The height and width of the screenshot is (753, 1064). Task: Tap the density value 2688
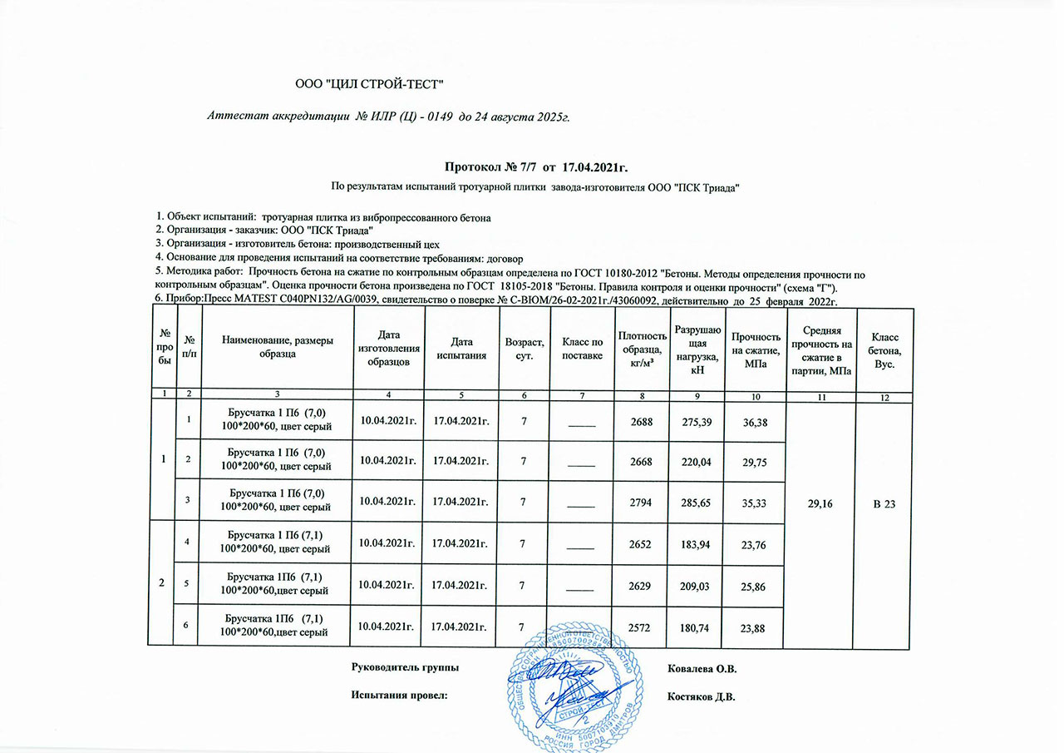pyautogui.click(x=639, y=423)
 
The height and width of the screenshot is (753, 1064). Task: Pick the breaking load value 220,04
pyautogui.click(x=697, y=461)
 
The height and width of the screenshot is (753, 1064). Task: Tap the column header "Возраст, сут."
pyautogui.click(x=525, y=349)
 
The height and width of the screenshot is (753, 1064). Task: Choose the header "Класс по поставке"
pyautogui.click(x=582, y=349)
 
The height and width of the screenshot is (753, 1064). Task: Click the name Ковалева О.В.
pyautogui.click(x=702, y=668)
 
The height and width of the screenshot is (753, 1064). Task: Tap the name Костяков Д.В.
pyautogui.click(x=702, y=696)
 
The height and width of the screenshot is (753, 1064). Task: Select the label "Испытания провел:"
pyautogui.click(x=399, y=696)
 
